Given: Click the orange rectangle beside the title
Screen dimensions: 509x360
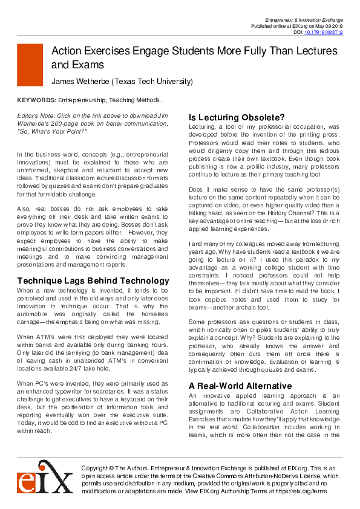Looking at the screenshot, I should pos(30,64).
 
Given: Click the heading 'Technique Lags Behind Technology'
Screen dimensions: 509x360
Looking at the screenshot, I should pos(93,280).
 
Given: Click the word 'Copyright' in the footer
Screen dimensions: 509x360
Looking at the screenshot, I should pos(96,468).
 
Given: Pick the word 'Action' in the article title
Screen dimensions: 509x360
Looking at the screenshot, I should pos(67,53).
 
